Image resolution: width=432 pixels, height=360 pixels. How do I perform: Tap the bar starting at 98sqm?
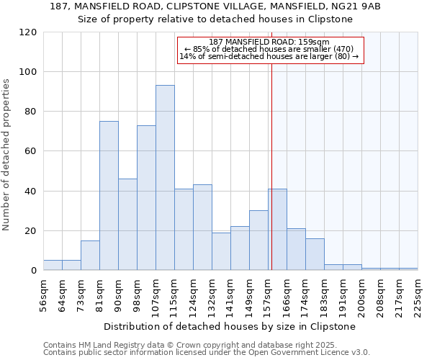click(146, 198)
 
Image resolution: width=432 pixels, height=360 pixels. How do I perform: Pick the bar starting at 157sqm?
click(277, 230)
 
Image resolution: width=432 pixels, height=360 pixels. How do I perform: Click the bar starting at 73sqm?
click(90, 256)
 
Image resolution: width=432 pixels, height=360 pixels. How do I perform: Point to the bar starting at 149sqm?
click(258, 240)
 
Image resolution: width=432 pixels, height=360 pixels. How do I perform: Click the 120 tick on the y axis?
click(28, 32)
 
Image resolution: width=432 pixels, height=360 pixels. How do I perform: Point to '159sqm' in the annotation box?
click(314, 42)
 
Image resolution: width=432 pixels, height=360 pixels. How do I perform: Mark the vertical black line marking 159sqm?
click(271, 166)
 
